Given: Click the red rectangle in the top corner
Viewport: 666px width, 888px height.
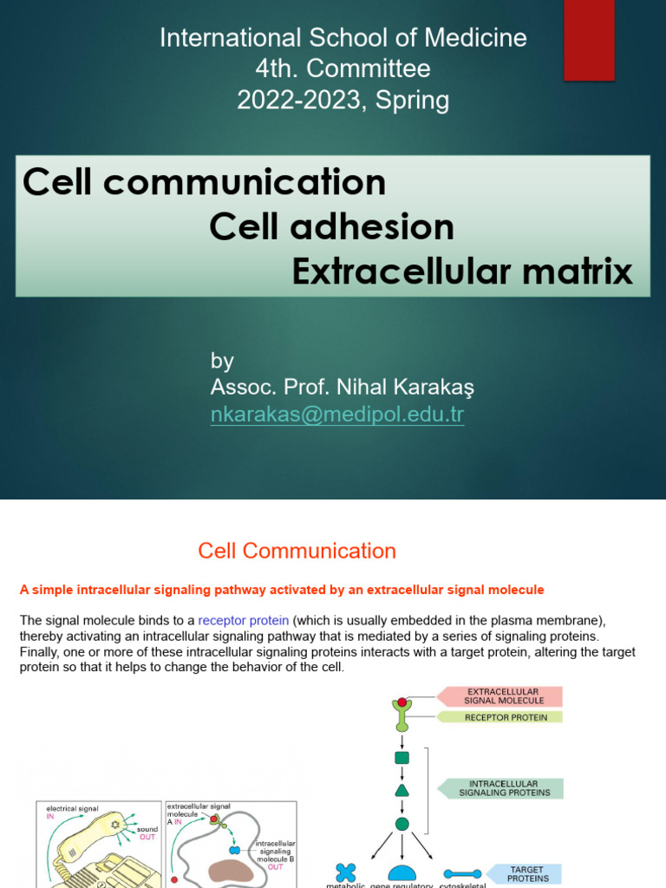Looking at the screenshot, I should point(589,40).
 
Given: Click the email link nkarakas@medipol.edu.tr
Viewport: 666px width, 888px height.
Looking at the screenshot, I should point(337,415).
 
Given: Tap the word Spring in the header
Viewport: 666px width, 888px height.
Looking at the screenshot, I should point(413,101).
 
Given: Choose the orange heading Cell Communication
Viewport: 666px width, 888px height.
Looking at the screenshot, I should point(297,551).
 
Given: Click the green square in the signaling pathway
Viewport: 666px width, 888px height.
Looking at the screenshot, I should point(402,758).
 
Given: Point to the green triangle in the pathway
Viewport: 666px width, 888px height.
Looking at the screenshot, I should point(402,790).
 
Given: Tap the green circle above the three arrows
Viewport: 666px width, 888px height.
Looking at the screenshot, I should point(402,824).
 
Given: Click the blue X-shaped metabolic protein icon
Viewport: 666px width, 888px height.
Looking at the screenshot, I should point(347,873).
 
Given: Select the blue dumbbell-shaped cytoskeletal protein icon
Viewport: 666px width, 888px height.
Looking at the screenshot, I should point(462,875).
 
